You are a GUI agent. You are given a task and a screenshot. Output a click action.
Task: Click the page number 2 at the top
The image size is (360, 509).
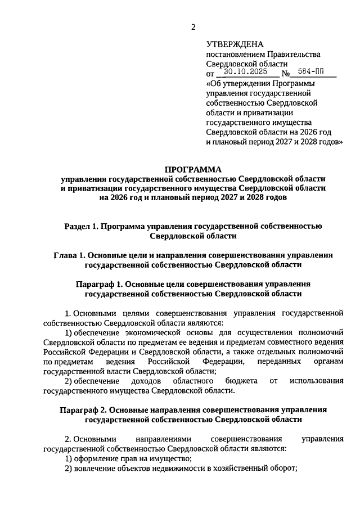click(x=193, y=26)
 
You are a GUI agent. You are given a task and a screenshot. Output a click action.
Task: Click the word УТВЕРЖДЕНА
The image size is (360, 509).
click(x=235, y=44)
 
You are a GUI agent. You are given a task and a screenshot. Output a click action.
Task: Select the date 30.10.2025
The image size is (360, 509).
click(x=246, y=73)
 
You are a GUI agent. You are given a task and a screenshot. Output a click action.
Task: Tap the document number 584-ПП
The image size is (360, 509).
click(x=312, y=73)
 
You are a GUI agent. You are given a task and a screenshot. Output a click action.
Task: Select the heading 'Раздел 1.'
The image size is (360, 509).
click(x=82, y=226)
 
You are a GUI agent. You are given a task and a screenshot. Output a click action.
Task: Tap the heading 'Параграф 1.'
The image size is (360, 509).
click(x=96, y=284)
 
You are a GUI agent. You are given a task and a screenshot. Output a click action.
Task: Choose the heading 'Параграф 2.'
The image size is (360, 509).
click(x=80, y=410)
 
